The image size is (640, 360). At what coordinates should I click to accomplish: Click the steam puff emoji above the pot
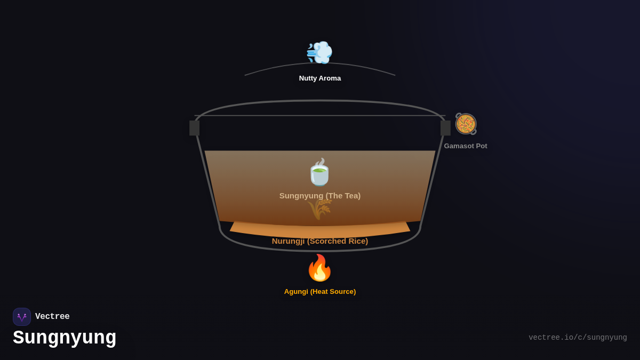(319, 52)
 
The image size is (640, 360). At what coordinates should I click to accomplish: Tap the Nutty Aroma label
(320, 78)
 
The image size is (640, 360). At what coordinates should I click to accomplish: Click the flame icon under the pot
(319, 268)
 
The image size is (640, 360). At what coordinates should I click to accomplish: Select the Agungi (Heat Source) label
(320, 292)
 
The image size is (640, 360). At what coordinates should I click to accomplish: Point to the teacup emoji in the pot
(319, 172)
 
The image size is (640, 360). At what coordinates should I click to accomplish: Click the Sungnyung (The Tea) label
(320, 196)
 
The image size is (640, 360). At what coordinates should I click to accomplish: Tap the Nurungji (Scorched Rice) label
(320, 241)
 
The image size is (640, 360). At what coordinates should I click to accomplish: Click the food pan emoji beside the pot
(466, 124)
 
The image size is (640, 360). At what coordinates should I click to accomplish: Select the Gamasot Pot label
(466, 146)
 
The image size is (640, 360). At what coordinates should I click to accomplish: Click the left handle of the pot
(194, 128)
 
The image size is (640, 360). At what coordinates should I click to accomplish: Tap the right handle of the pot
(445, 128)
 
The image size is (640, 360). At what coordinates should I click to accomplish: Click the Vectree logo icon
(22, 317)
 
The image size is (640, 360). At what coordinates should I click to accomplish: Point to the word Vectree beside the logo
(52, 317)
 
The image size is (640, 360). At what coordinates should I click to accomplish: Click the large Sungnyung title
(65, 338)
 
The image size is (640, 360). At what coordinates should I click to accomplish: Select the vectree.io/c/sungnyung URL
(578, 338)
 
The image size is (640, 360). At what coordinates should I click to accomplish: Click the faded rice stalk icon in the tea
(319, 209)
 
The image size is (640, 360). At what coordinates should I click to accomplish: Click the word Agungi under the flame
(296, 292)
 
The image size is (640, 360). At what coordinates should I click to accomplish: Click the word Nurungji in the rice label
(288, 241)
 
